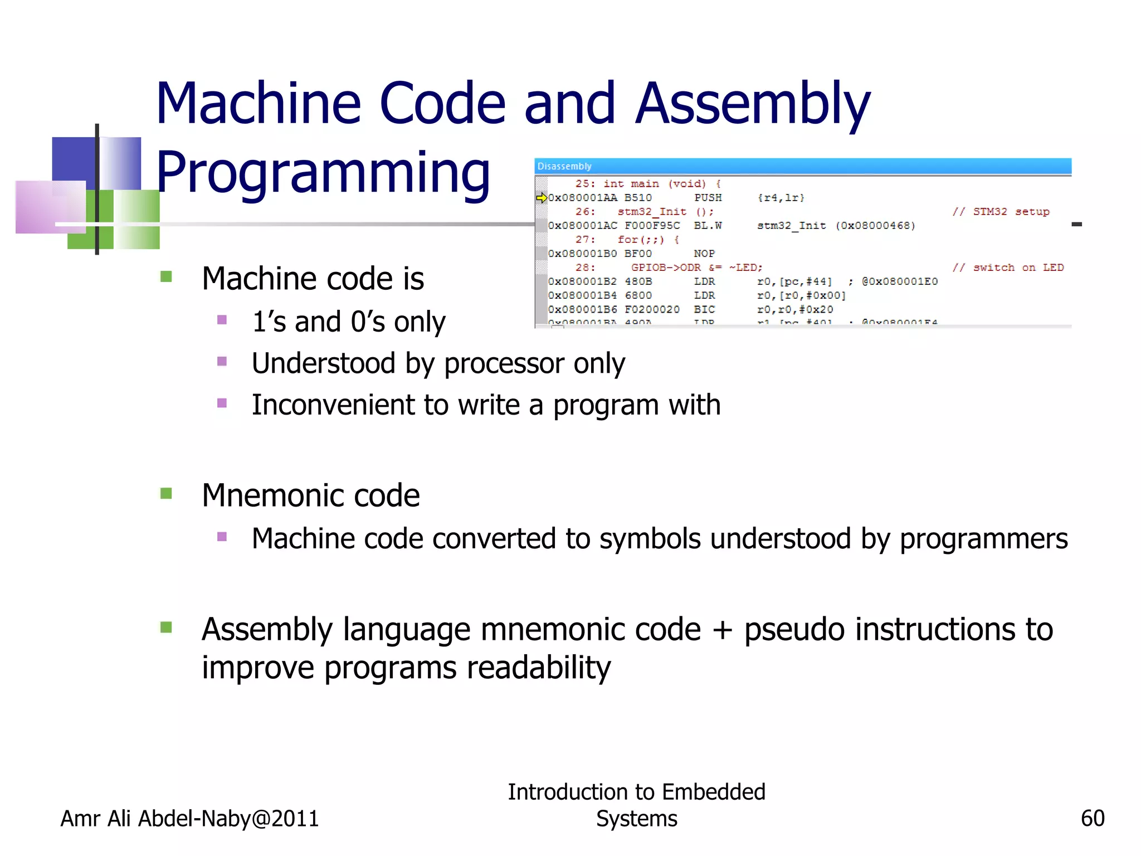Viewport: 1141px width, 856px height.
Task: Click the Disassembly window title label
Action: click(x=564, y=166)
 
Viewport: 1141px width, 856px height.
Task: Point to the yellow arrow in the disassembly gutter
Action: click(x=541, y=198)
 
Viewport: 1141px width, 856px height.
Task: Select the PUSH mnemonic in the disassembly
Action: click(x=708, y=198)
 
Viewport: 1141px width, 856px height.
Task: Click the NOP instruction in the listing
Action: click(x=704, y=254)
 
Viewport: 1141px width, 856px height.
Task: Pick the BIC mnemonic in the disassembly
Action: click(x=704, y=309)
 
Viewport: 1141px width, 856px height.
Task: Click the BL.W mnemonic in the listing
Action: click(x=708, y=226)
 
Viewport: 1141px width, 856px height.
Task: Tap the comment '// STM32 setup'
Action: click(x=1001, y=212)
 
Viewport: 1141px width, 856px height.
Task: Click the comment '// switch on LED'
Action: click(x=1008, y=267)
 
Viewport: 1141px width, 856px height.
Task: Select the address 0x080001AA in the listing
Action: click(x=583, y=198)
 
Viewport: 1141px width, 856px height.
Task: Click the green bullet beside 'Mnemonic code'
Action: click(x=166, y=494)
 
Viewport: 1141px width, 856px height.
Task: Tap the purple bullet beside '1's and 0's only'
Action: click(x=222, y=320)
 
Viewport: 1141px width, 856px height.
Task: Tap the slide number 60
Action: click(x=1092, y=818)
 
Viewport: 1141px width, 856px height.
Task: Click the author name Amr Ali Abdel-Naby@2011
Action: click(x=189, y=819)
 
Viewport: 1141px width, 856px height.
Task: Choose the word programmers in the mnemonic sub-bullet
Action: click(x=983, y=539)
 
